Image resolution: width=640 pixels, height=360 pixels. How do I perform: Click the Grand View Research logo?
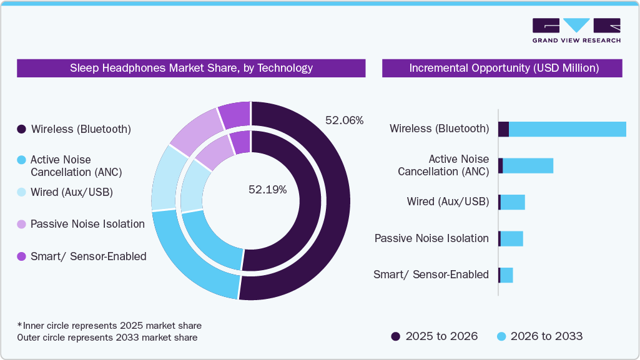pos(576,31)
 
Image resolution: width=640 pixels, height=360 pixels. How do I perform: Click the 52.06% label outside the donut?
pos(344,120)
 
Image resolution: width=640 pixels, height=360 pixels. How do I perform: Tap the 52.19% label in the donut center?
pos(267,190)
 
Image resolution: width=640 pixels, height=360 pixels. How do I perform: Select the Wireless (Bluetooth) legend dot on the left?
pos(21,129)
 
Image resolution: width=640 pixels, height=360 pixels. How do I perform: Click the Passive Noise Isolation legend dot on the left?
pos(21,224)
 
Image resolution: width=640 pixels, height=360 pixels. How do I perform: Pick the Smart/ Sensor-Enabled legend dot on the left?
pos(21,256)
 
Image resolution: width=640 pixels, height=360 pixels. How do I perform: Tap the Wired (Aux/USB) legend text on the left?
pos(71,192)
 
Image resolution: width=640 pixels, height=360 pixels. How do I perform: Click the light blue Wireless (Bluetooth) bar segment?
pos(567,129)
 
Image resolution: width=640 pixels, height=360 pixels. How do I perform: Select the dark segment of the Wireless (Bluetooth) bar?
pos(503,129)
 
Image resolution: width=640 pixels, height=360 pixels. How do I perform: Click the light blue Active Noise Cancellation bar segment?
pos(528,165)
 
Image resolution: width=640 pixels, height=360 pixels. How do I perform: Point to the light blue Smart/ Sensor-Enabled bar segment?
pos(506,275)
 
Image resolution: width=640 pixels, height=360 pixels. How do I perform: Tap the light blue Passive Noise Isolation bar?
pos(511,239)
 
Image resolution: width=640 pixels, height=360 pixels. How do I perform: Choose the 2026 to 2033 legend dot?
pos(501,336)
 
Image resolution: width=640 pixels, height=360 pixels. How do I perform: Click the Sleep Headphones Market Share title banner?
pos(191,68)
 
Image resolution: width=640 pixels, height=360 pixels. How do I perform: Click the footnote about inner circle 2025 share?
pos(109,326)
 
